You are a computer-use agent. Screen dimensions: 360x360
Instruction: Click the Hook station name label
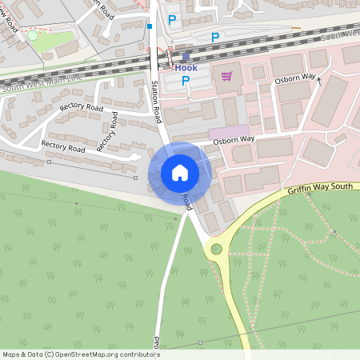186,68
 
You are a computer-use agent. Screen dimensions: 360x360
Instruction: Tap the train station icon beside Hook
186,57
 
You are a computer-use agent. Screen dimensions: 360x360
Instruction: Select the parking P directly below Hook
186,81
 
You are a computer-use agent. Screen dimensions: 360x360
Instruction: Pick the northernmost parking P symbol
172,20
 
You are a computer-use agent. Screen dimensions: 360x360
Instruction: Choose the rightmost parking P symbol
214,37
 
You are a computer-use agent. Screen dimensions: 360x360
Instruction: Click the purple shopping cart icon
227,77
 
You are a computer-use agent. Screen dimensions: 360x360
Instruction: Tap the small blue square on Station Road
150,26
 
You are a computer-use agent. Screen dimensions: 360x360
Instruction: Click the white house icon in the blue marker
180,173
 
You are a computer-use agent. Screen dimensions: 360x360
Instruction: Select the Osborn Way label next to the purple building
234,141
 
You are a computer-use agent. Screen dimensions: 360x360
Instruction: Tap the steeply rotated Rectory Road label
107,132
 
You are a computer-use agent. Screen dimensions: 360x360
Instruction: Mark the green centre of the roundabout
214,250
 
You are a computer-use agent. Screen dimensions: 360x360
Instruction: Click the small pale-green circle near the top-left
32,36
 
